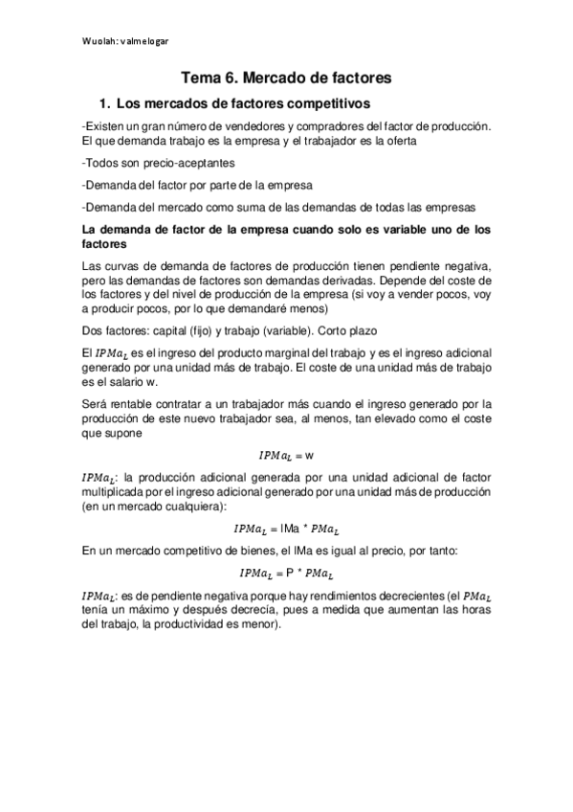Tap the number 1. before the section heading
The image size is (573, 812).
[x=107, y=102]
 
